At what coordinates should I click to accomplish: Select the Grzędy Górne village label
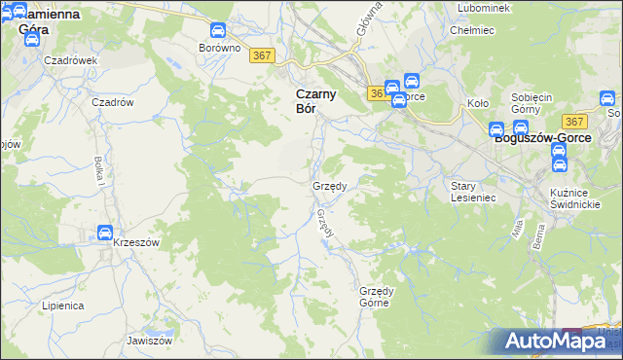[388, 297]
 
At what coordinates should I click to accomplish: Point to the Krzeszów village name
[135, 241]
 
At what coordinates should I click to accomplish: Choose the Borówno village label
[218, 48]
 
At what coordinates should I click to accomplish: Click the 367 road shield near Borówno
[260, 55]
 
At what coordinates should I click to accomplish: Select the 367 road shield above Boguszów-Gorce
[574, 122]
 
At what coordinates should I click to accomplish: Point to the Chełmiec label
[468, 30]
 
